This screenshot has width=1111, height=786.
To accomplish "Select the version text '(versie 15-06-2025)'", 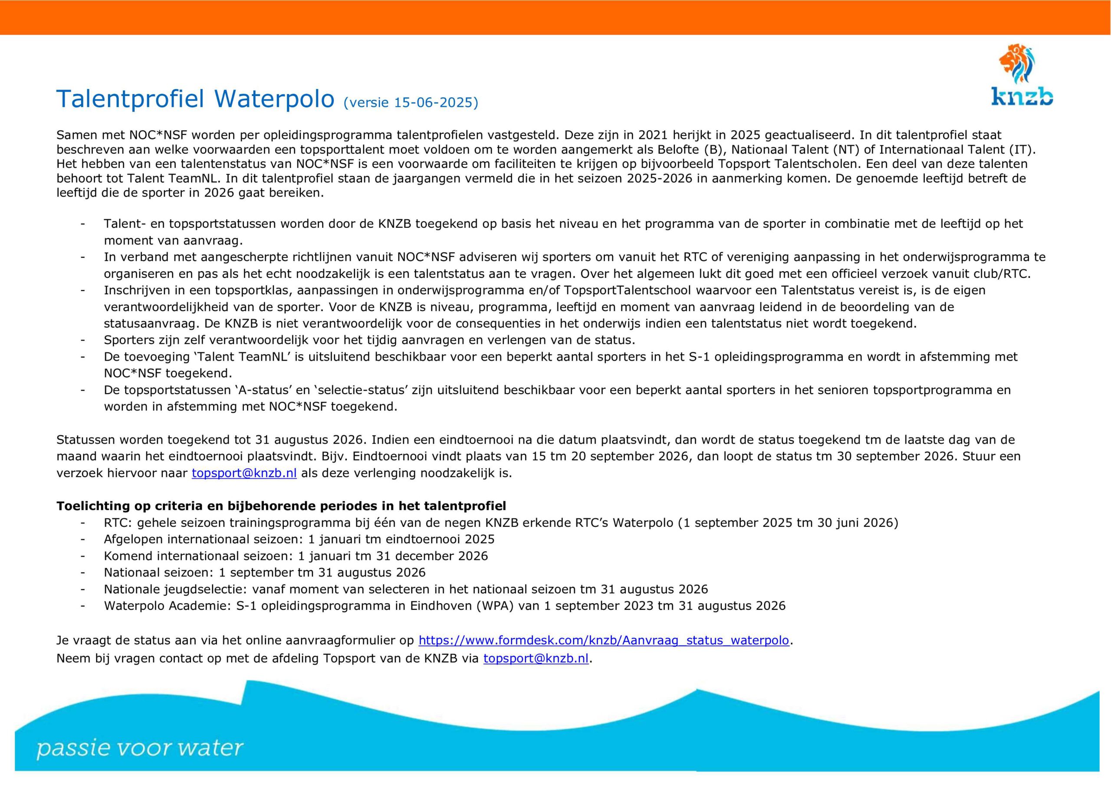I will click(x=411, y=102).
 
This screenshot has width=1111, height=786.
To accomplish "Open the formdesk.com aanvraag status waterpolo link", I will click(x=603, y=640).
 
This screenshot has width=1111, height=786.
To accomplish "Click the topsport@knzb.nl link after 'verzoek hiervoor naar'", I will click(x=244, y=473).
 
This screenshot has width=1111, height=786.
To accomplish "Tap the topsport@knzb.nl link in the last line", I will click(x=536, y=658).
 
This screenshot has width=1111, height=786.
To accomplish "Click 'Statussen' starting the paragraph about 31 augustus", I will click(x=85, y=440).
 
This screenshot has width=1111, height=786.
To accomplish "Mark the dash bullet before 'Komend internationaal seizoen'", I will click(x=83, y=556).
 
